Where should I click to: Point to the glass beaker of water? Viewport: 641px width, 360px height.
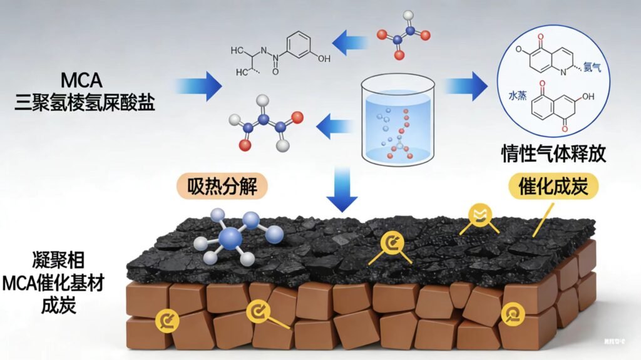click(x=399, y=121)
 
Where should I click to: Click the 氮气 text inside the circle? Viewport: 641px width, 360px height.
click(x=592, y=68)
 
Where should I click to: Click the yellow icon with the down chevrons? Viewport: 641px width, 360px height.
click(x=480, y=217)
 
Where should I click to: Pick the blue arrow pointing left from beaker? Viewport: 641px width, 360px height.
click(x=335, y=128)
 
